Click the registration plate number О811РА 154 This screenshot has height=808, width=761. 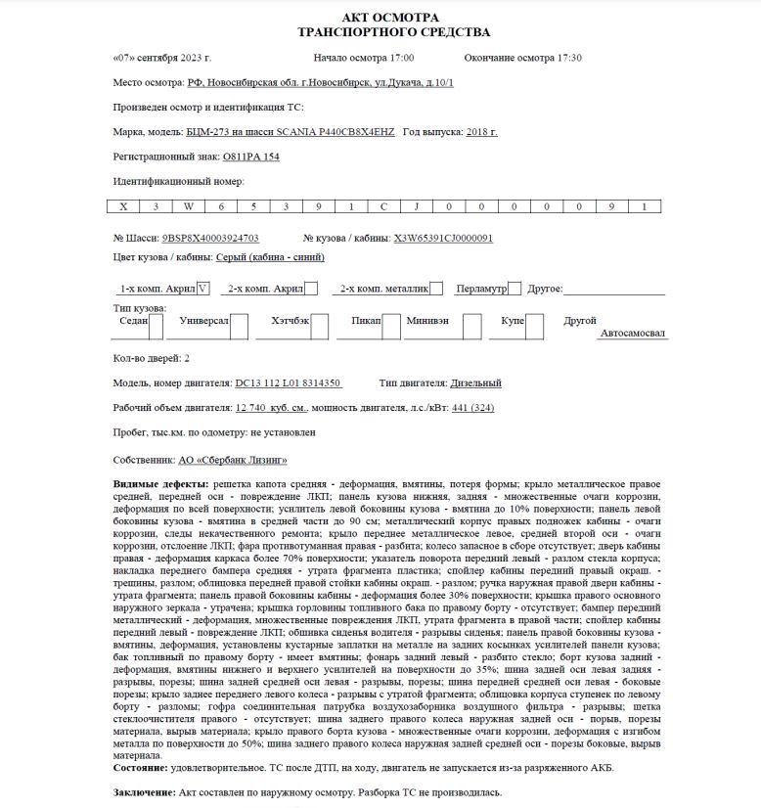(251, 157)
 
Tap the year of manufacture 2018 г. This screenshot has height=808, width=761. (481, 132)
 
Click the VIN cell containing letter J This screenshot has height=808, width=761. (415, 206)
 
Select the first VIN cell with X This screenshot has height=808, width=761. (123, 206)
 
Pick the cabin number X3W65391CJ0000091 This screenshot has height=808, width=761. (442, 238)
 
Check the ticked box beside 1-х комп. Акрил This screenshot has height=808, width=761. (202, 289)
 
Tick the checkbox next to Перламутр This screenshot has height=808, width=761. (514, 289)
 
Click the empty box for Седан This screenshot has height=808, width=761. (157, 327)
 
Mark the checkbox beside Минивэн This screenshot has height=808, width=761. (471, 327)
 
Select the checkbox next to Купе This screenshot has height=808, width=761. (534, 327)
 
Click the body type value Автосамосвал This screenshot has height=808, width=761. (632, 333)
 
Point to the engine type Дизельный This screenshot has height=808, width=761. (474, 383)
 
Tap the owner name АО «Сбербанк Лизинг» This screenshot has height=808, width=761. (233, 459)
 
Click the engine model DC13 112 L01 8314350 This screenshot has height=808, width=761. (288, 383)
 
